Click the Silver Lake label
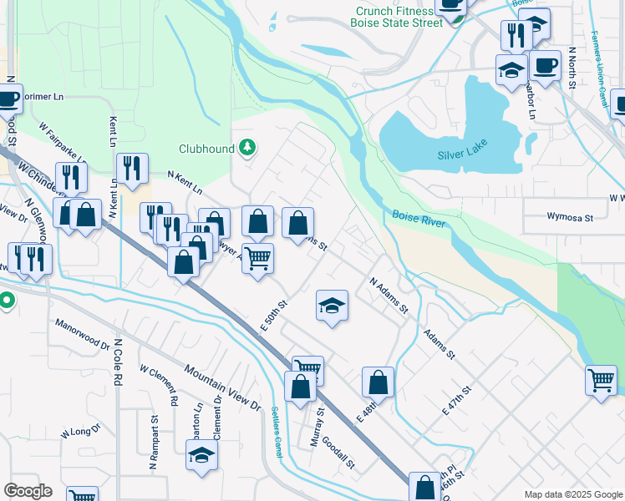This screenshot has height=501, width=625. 462,155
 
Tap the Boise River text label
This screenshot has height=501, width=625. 419,219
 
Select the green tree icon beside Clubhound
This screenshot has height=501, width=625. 246,149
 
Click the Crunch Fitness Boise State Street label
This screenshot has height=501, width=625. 398,17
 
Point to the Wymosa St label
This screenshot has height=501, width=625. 569,217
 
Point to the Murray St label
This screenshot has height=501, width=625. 317,428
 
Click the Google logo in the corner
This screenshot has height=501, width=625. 28,491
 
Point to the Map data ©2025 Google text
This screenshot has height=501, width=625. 572,494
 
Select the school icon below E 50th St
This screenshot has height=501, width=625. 332,306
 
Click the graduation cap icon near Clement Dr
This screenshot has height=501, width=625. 201,455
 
